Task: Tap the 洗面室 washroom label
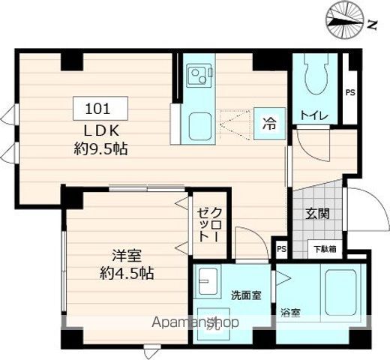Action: [x=245, y=295]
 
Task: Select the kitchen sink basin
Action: [x=199, y=124]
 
